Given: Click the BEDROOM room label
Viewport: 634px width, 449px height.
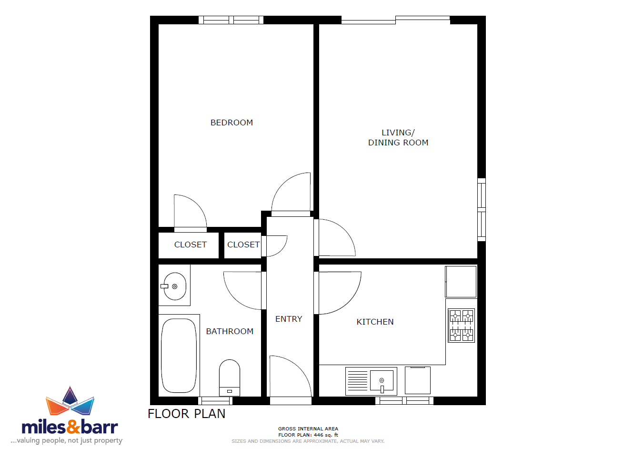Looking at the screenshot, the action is [x=231, y=122].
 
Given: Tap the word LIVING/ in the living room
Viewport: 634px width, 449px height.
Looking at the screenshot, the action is [x=398, y=133].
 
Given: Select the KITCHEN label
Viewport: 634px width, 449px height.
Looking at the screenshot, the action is [x=375, y=322].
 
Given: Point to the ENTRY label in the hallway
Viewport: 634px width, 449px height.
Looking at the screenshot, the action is [x=289, y=319].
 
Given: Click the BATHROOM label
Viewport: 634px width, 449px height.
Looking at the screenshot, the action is [x=230, y=331].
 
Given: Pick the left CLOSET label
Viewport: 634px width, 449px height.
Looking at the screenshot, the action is [x=190, y=245].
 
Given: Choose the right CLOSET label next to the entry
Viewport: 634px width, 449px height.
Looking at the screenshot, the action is [x=243, y=245].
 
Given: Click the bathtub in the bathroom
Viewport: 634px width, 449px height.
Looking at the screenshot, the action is [x=179, y=356].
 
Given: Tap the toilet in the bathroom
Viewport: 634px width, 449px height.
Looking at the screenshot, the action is [x=230, y=378].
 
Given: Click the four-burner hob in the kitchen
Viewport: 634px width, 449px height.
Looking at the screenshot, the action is [x=462, y=326].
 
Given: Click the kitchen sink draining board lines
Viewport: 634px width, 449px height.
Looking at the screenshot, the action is [x=357, y=381].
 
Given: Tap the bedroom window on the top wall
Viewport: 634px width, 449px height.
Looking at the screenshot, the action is [x=231, y=20].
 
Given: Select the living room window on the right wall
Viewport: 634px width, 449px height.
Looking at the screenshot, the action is [x=482, y=210].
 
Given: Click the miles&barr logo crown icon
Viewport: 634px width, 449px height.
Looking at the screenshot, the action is [x=70, y=400].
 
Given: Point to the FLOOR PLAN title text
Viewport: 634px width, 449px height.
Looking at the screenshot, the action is [x=187, y=414].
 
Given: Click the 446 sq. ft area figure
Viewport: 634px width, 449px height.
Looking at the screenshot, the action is [x=326, y=435].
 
